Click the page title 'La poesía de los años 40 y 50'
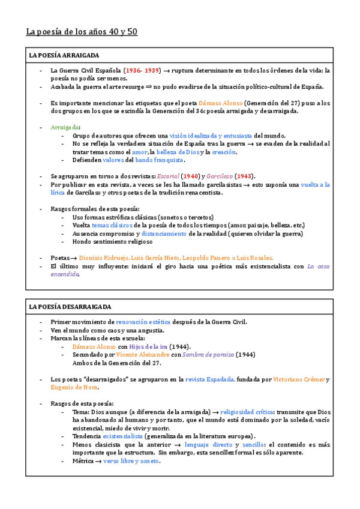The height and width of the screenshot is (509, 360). tap(82, 31)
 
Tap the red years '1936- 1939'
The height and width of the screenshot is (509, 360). tap(143, 70)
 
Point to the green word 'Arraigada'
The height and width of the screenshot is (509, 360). tap(65, 127)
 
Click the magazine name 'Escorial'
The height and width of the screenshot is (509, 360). tap(167, 176)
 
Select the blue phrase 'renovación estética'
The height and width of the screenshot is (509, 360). tap(143, 322)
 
